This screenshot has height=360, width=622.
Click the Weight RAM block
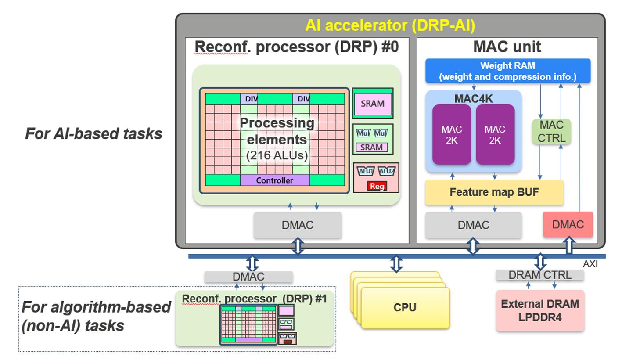tap(508, 71)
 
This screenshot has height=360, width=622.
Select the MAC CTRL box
tap(551, 131)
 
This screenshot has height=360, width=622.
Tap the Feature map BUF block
tap(494, 192)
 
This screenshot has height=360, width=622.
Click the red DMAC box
tap(568, 225)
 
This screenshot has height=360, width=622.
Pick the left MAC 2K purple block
tap(452, 135)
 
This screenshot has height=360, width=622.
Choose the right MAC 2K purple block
tap(495, 135)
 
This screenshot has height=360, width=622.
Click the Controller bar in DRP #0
tap(275, 180)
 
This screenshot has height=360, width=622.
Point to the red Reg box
tap(377, 186)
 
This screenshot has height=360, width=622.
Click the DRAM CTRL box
tap(540, 275)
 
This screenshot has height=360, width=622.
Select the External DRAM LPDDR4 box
tap(540, 310)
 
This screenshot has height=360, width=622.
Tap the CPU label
tap(405, 307)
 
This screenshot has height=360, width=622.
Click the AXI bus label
tap(590, 264)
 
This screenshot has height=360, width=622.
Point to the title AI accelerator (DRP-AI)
tap(390, 25)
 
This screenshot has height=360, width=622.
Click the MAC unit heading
tap(507, 47)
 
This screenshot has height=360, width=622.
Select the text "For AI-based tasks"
tap(93, 133)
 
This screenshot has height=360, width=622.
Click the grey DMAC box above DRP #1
tap(248, 277)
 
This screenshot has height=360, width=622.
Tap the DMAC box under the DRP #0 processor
tap(298, 225)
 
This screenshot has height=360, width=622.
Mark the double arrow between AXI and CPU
tap(396, 264)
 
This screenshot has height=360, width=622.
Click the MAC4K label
tap(473, 99)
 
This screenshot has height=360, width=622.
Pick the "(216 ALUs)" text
tap(277, 155)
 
